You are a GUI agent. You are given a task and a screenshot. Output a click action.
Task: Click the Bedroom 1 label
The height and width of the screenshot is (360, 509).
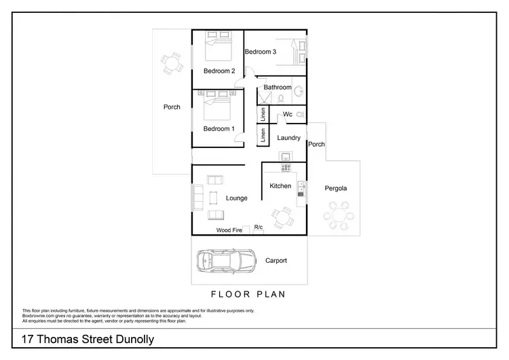tap(219, 129)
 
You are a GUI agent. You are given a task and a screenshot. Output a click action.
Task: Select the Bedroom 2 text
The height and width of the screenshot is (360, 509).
tap(219, 71)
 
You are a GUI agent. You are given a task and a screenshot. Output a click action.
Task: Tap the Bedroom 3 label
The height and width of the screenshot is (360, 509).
tap(261, 52)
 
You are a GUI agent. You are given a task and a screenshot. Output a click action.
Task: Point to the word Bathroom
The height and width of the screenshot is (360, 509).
tap(278, 88)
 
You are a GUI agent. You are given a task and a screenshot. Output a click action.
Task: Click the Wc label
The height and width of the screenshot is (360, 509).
tap(288, 115)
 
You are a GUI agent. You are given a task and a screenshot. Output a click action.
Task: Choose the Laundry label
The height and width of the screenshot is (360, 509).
tap(289, 138)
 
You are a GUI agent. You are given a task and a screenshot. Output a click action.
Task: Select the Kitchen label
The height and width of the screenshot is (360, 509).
tap(280, 186)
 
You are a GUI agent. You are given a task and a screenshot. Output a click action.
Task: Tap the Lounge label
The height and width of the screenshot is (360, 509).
tap(237, 198)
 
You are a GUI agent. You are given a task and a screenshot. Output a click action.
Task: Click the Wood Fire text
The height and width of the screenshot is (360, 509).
tap(229, 230)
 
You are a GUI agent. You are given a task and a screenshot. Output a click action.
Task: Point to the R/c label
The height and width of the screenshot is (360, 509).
tap(258, 228)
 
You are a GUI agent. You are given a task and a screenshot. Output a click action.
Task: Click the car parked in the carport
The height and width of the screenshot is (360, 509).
tap(225, 260)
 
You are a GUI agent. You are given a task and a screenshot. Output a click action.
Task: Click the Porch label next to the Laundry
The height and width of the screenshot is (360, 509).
tap(316, 145)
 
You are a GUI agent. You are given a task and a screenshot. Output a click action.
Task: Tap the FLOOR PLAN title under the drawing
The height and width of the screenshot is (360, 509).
tap(248, 295)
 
